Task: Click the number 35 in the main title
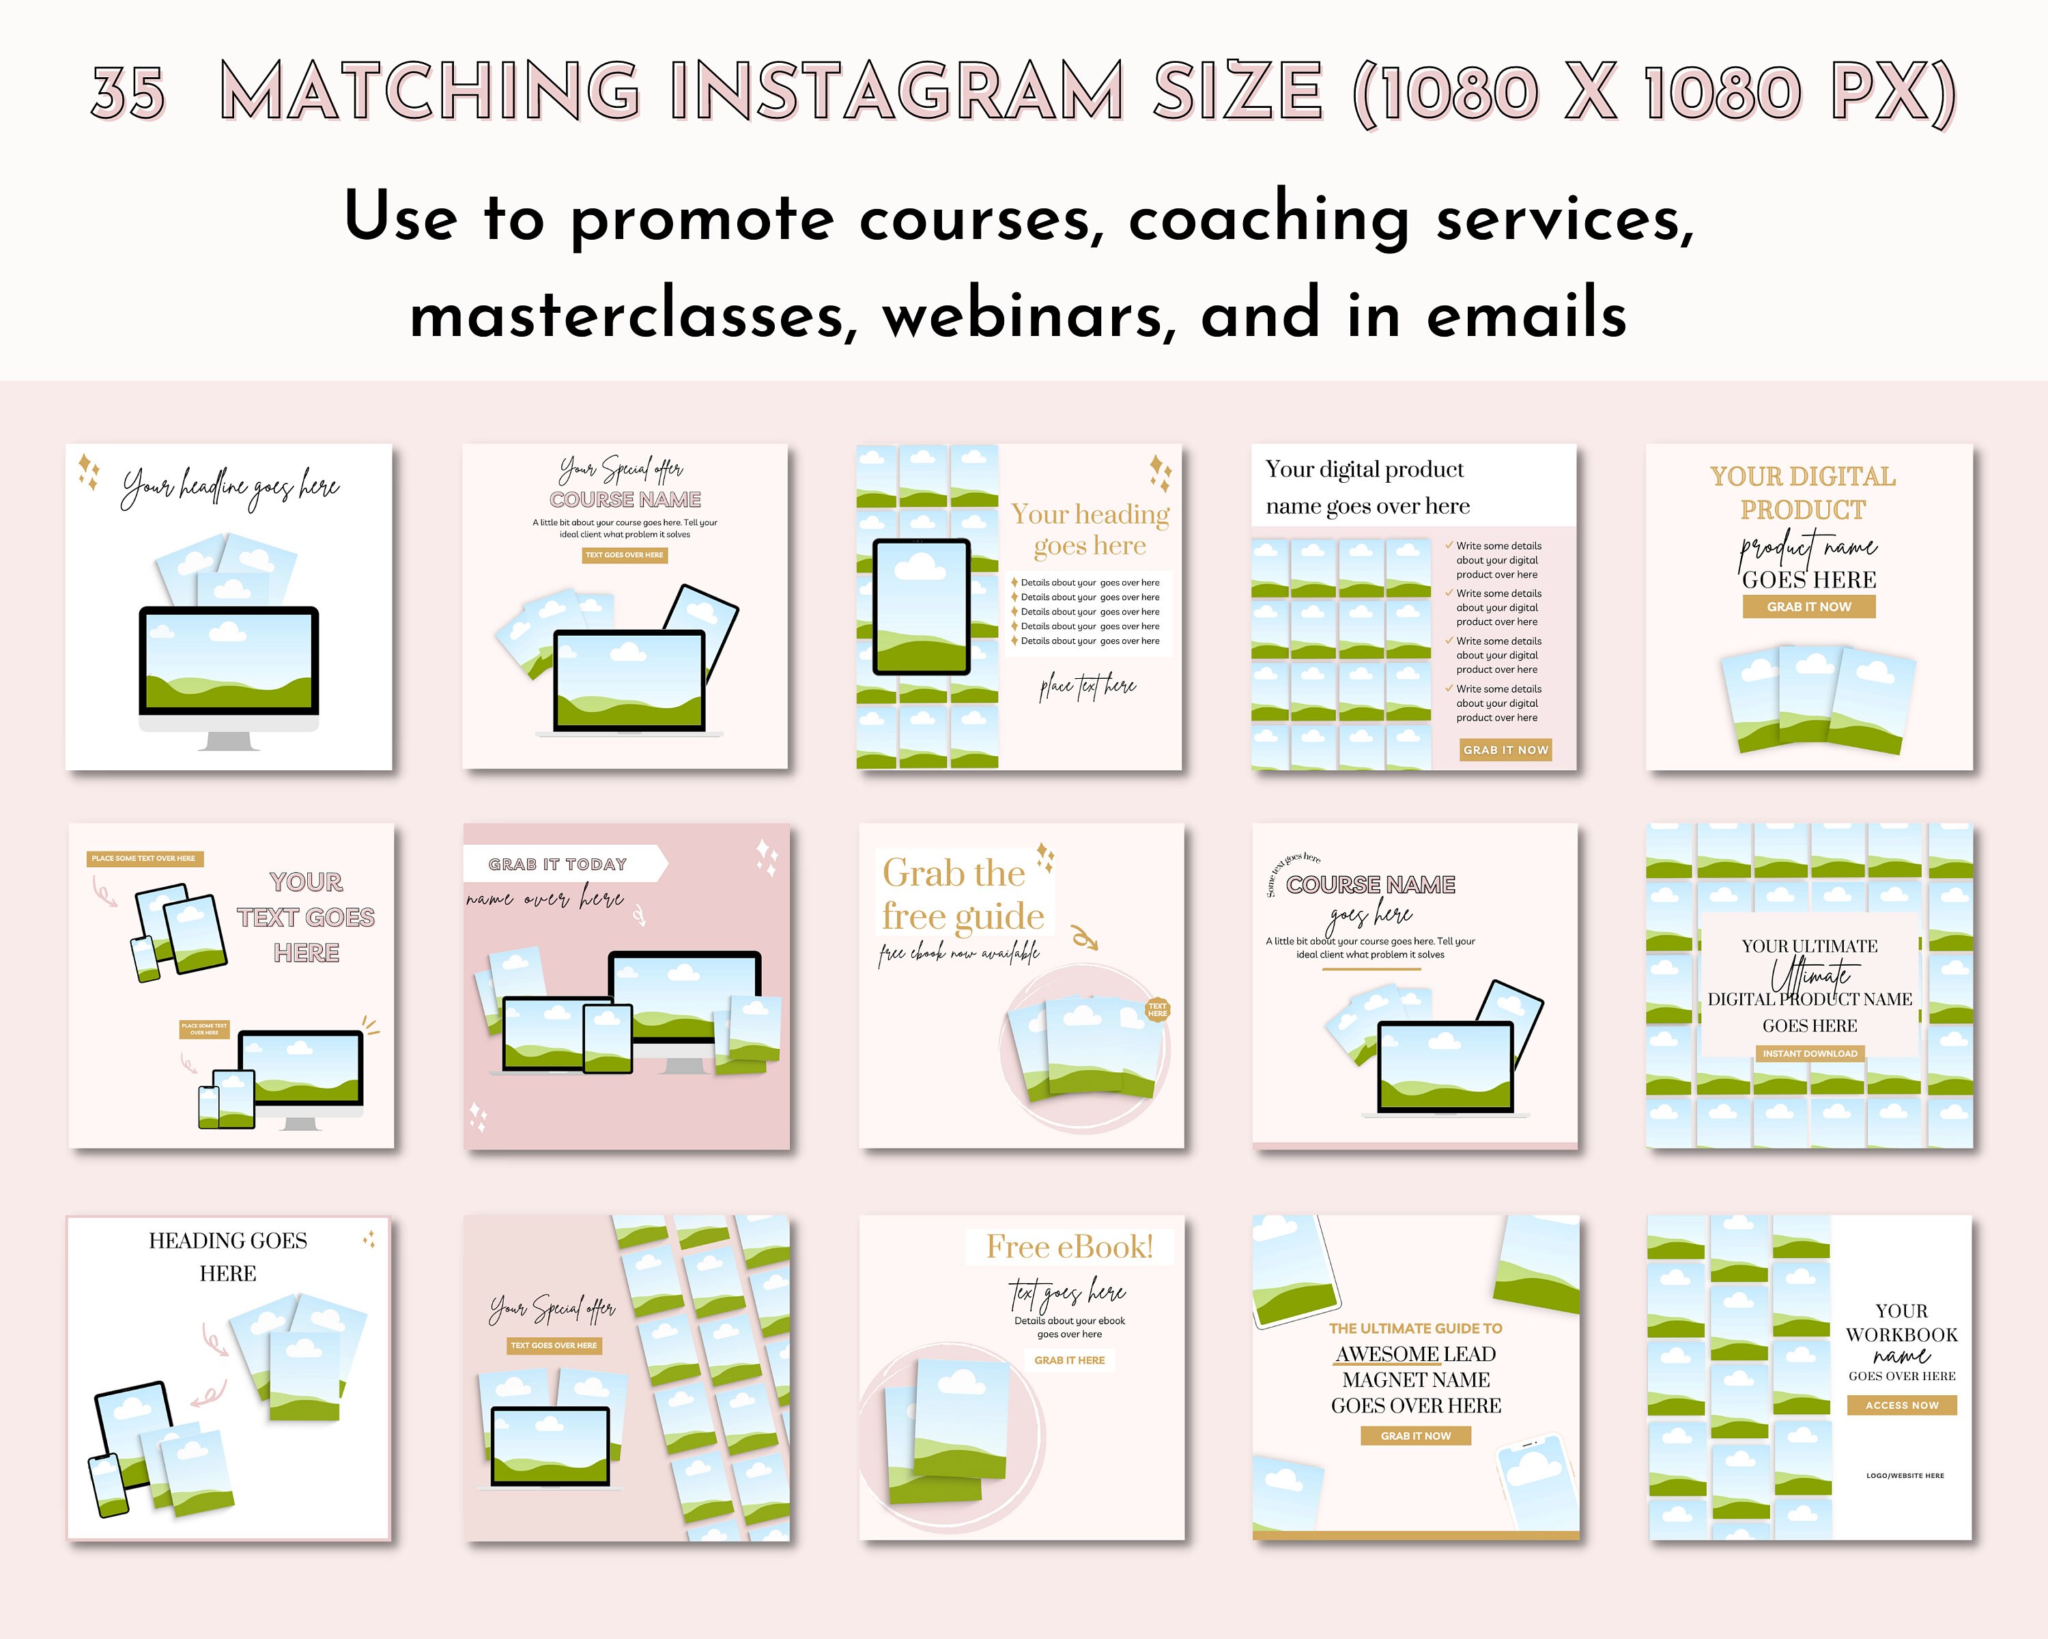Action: [128, 93]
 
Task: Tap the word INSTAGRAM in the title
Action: [897, 92]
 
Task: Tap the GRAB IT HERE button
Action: [1070, 1360]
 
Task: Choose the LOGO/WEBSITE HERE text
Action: [1905, 1476]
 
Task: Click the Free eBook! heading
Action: [1070, 1246]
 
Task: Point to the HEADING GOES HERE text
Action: [228, 1256]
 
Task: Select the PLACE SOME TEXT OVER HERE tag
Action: [143, 858]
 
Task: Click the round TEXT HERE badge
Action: [1157, 1009]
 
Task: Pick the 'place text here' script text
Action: [1087, 686]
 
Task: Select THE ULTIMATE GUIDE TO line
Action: [1415, 1328]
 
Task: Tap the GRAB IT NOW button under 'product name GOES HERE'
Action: [1808, 607]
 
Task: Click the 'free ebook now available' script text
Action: [958, 953]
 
